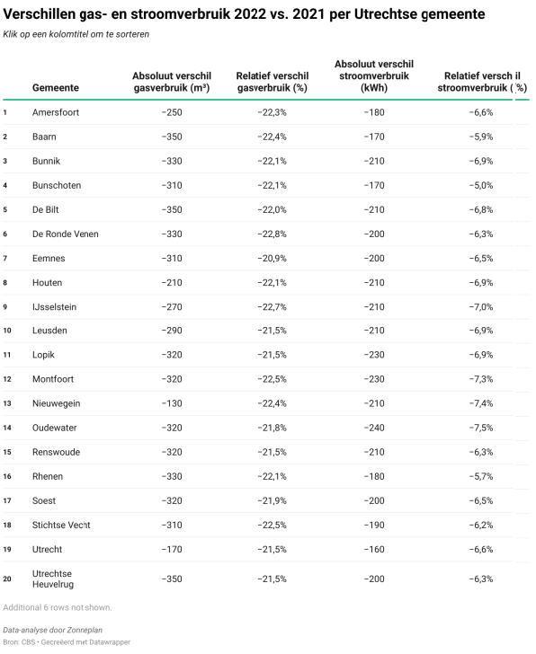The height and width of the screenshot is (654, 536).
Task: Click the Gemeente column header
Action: (56, 88)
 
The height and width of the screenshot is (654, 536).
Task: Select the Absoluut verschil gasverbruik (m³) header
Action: (172, 82)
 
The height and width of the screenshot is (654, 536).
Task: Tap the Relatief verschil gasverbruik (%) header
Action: (272, 82)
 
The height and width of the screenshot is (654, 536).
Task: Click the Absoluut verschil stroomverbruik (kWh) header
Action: (374, 75)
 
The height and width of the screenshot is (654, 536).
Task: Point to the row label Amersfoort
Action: (56, 112)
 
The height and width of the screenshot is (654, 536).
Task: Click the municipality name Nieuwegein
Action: (57, 403)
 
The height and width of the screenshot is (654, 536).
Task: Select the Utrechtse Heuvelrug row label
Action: (53, 579)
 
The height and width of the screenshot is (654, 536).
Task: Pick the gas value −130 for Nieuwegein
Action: (172, 403)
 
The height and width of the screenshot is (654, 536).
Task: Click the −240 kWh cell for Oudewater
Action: (374, 428)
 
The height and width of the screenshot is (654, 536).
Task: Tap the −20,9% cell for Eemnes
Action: (272, 258)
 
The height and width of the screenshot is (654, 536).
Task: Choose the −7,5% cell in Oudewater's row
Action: (481, 428)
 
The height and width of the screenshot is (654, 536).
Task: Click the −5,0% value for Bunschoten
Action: (481, 185)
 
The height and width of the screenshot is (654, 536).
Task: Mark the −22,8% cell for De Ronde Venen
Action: (272, 234)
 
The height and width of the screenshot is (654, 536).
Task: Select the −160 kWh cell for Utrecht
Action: (374, 549)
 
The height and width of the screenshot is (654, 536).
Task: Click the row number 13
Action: (7, 403)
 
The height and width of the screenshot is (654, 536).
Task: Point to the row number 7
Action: (5, 258)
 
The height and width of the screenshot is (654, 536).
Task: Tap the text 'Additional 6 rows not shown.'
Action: (58, 607)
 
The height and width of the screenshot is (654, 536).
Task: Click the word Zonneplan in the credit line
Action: (86, 630)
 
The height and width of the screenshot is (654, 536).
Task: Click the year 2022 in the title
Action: (250, 14)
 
